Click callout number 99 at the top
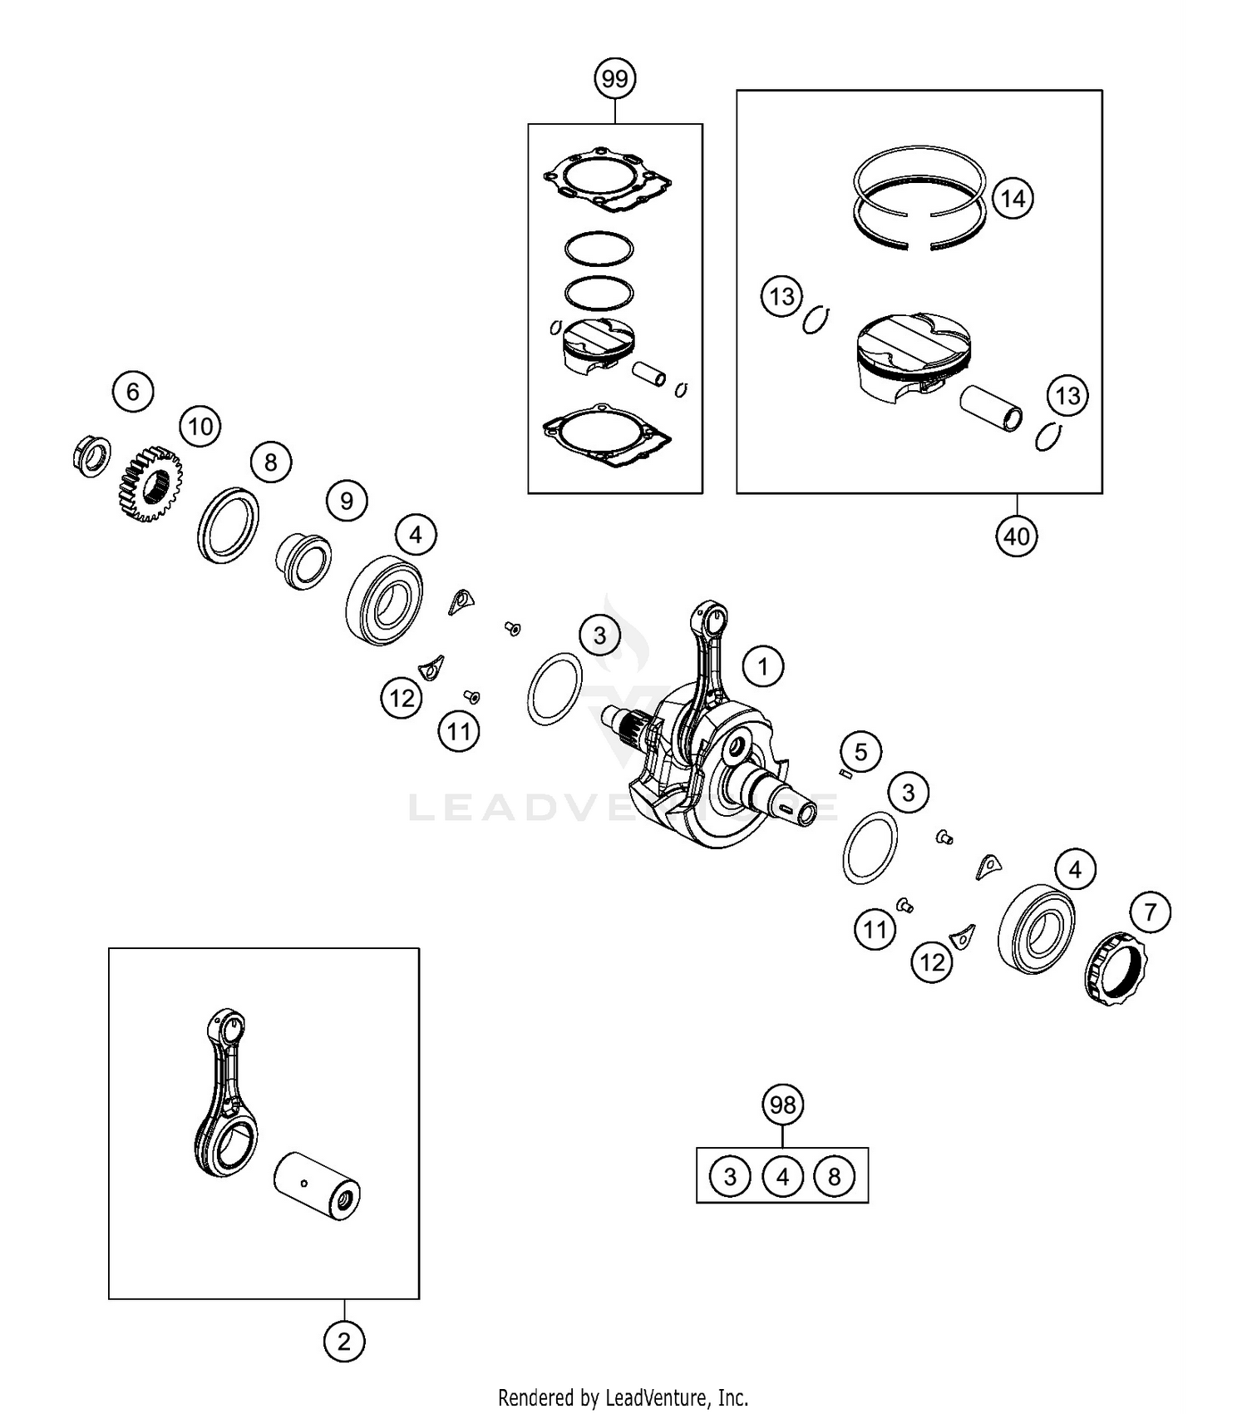(x=614, y=79)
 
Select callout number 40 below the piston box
(x=1017, y=536)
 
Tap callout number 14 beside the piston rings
(x=1013, y=199)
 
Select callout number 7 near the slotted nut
(x=1151, y=912)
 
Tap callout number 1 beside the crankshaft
(x=762, y=665)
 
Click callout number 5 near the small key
(x=860, y=752)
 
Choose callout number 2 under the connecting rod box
(x=344, y=1341)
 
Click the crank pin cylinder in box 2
(x=317, y=1186)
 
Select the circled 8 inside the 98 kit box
(x=834, y=1176)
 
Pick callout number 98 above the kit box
(x=782, y=1105)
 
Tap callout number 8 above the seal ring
(x=270, y=462)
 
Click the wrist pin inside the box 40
(x=991, y=408)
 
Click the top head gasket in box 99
(x=608, y=180)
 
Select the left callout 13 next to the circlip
(x=781, y=296)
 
